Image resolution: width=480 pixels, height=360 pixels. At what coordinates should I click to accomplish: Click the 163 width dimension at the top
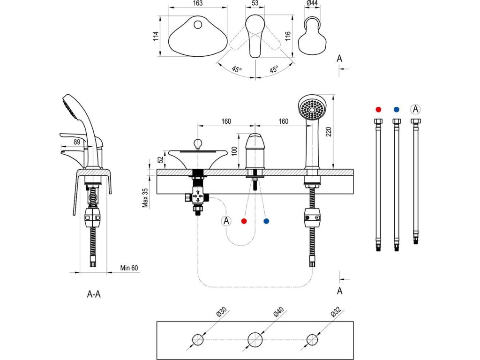(198, 3)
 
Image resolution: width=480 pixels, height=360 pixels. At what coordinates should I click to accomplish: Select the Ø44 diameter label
(312, 3)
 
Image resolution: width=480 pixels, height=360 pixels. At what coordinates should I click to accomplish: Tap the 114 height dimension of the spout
(156, 36)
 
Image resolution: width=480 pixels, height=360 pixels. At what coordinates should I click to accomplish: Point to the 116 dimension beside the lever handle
(287, 36)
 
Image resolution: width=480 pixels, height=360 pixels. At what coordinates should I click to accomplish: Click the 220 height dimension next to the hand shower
(329, 132)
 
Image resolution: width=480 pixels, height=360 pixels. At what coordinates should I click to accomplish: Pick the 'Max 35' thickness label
(145, 198)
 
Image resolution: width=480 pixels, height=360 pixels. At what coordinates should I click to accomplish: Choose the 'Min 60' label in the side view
(129, 268)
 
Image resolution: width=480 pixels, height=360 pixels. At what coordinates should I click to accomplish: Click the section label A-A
(94, 294)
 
